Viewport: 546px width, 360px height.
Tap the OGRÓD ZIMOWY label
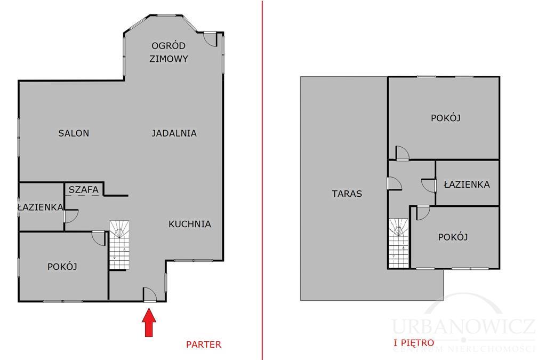point(169,52)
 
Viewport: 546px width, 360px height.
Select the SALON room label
point(74,133)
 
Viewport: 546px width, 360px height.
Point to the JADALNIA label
point(174,133)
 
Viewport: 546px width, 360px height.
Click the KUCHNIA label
point(190,224)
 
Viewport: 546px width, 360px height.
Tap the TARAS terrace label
point(347,194)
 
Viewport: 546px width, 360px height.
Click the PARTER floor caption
point(203,345)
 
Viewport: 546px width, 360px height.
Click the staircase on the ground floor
point(120,245)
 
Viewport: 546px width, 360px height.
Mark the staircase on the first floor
point(398,243)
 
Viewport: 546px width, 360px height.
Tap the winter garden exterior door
point(211,38)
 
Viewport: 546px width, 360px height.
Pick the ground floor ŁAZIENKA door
point(71,216)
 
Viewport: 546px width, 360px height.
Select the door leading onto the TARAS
point(394,183)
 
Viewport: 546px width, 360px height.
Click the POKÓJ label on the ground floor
point(62,266)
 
